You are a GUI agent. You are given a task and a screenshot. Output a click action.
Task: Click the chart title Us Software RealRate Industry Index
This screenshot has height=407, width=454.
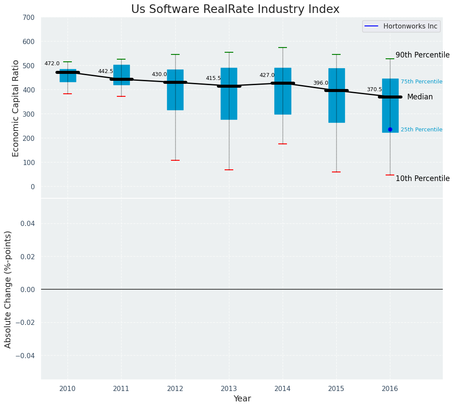click(x=235, y=10)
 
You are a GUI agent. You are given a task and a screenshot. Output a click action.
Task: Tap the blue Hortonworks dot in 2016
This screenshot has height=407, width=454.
click(x=390, y=129)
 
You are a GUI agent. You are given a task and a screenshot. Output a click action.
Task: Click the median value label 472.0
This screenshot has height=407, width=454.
click(x=52, y=64)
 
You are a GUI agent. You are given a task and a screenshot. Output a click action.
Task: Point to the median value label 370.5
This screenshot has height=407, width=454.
click(x=374, y=89)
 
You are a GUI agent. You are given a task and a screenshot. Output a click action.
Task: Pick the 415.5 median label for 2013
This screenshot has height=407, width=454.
click(x=213, y=78)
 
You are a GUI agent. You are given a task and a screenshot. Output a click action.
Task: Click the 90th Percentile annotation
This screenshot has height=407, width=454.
click(x=422, y=55)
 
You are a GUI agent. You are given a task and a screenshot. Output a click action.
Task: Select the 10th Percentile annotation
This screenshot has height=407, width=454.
click(x=422, y=178)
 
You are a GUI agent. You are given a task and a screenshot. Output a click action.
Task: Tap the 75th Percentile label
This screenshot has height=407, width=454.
click(x=421, y=82)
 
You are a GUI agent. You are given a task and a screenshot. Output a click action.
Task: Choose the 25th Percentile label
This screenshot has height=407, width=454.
click(x=421, y=130)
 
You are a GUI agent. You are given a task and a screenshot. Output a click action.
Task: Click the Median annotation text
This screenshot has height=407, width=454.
click(x=420, y=97)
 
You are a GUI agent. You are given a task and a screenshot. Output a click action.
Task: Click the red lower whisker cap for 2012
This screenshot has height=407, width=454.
click(x=175, y=160)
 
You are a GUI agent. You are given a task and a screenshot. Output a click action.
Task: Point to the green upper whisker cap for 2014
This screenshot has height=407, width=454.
click(x=283, y=48)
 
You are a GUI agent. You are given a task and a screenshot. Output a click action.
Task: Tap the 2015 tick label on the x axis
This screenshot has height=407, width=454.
click(x=336, y=388)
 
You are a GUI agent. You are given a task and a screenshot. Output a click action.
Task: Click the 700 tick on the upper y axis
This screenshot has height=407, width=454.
click(x=29, y=18)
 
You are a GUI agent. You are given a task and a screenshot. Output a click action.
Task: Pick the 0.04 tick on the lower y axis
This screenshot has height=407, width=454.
click(x=26, y=223)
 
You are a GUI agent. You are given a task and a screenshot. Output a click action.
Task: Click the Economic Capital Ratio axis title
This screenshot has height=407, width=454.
click(x=16, y=108)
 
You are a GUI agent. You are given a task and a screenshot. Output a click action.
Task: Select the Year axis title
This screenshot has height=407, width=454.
click(x=242, y=399)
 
